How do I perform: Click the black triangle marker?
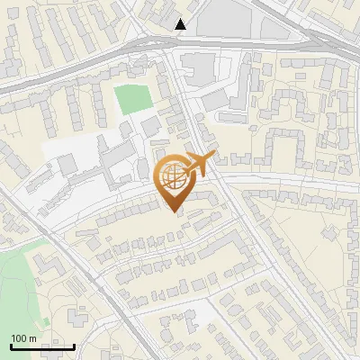point(181,24)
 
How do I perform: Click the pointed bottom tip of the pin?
point(174,213)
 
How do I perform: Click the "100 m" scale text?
point(23,338)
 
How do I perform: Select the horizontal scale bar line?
point(42,346)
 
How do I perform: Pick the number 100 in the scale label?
point(19,338)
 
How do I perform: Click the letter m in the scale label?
point(32,338)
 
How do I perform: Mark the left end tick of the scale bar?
point(11,345)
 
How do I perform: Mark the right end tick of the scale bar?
point(74,345)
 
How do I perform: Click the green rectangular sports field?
point(133,99)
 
